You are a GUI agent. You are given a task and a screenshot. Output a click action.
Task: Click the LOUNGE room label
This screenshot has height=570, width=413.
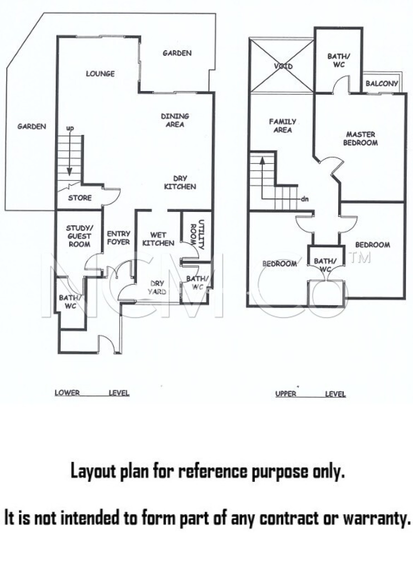click(x=100, y=74)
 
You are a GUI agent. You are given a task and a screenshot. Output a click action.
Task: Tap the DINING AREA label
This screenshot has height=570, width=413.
click(x=175, y=120)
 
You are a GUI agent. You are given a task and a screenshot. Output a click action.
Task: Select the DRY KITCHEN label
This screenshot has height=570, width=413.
click(x=180, y=183)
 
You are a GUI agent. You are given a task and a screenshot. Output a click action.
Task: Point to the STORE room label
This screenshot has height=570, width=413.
click(x=80, y=198)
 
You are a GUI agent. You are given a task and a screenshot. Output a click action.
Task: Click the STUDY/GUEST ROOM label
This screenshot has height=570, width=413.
click(x=80, y=236)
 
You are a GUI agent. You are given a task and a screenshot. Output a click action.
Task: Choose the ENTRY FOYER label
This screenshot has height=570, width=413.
click(x=118, y=238)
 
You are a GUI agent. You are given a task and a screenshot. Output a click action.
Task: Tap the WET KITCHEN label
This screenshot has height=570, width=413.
click(x=158, y=239)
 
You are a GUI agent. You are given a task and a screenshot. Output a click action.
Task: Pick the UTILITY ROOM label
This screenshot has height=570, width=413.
click(x=198, y=234)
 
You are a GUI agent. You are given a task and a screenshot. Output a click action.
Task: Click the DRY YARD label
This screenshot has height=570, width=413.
click(x=157, y=288)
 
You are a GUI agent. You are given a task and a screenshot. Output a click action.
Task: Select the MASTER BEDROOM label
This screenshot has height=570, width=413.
click(x=360, y=139)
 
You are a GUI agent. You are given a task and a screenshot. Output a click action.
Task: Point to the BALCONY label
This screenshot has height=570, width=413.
click(x=382, y=83)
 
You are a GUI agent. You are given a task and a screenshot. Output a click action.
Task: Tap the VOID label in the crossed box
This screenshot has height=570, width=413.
click(x=283, y=66)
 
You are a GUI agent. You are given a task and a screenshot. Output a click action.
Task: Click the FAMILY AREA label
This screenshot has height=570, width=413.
click(x=283, y=126)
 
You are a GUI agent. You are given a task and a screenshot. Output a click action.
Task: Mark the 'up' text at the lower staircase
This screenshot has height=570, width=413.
click(x=70, y=129)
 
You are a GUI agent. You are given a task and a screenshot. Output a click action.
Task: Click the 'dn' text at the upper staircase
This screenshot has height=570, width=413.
click(x=305, y=199)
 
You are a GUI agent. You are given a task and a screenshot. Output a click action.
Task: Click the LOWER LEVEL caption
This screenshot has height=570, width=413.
click(x=92, y=393)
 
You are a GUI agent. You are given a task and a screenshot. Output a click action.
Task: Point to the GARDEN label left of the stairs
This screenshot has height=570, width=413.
click(x=32, y=127)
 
